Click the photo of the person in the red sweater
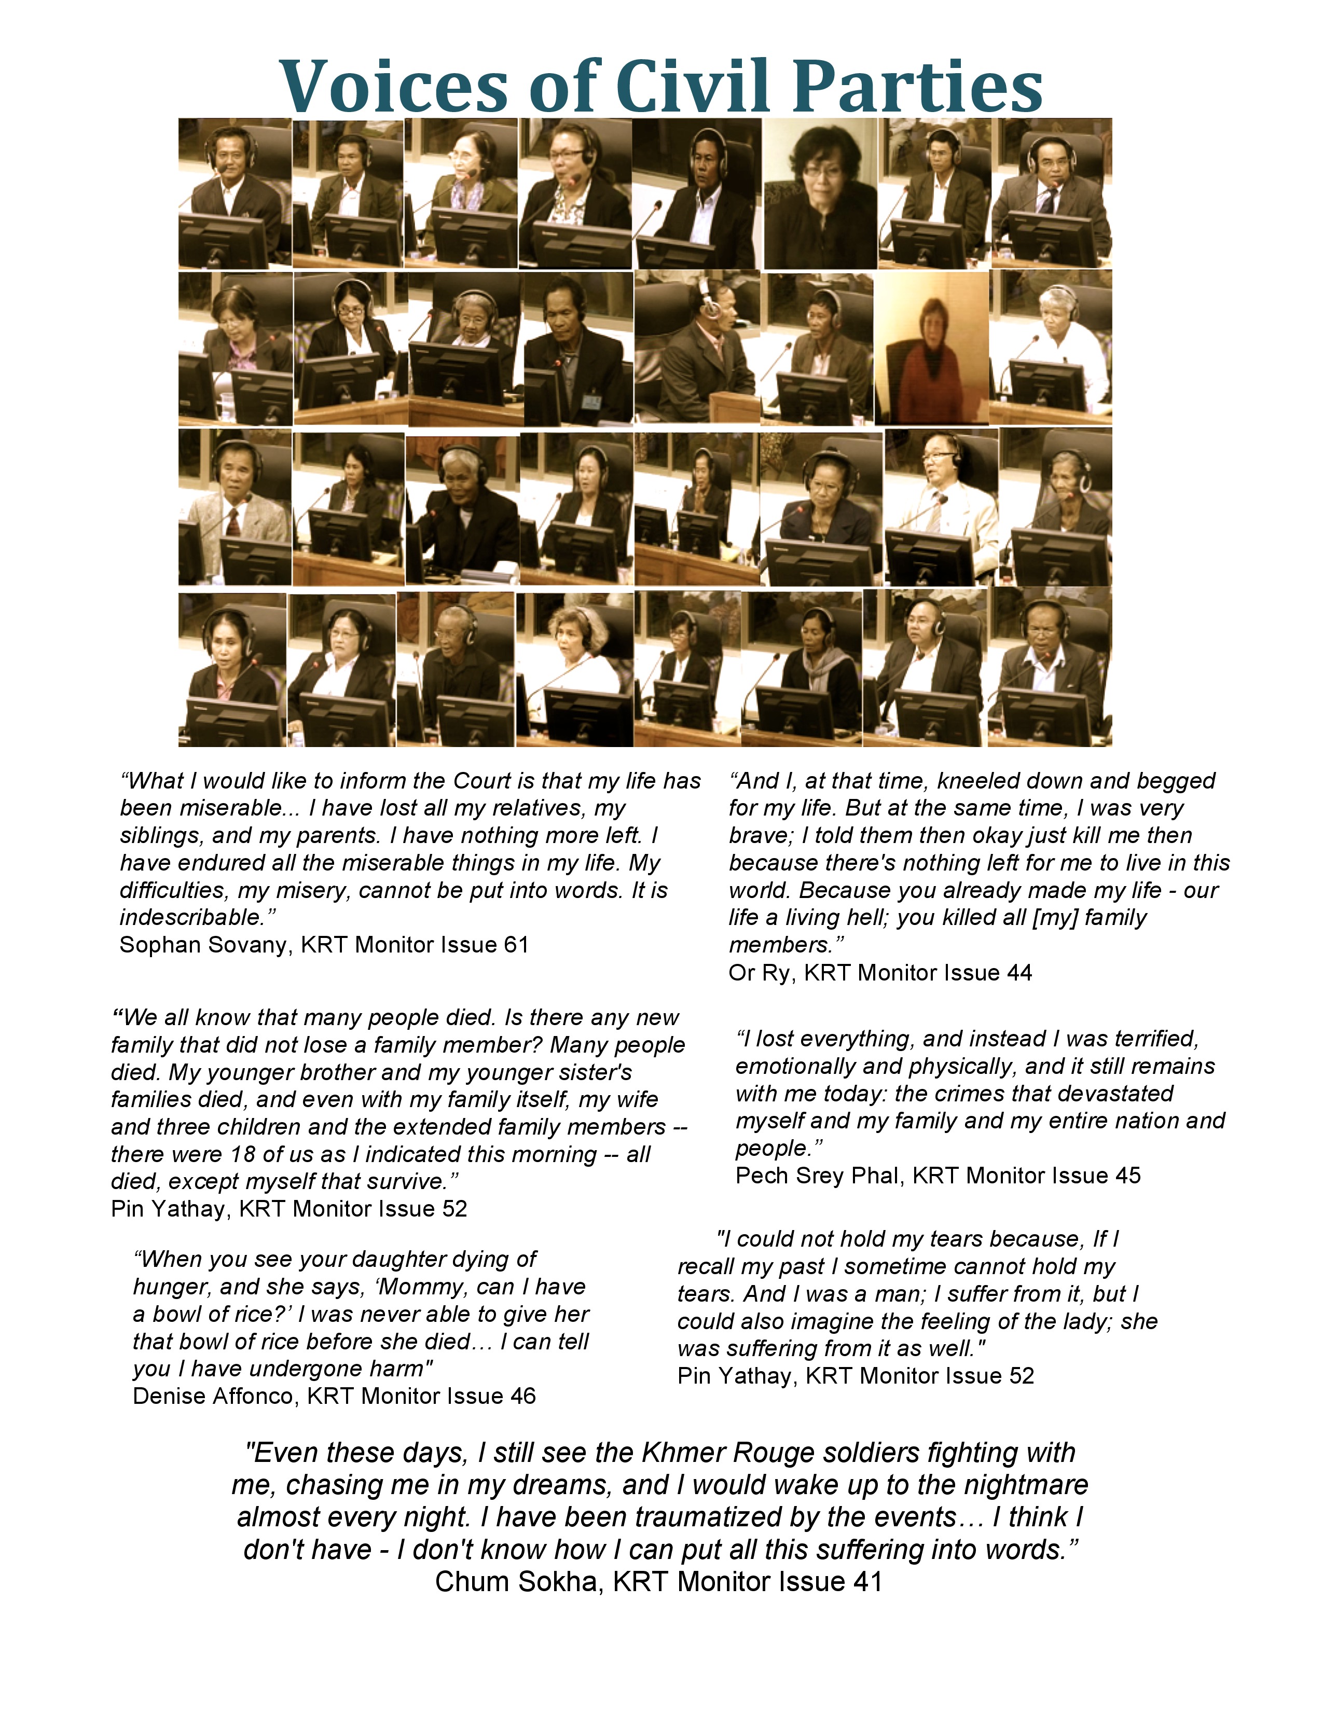pyautogui.click(x=931, y=348)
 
